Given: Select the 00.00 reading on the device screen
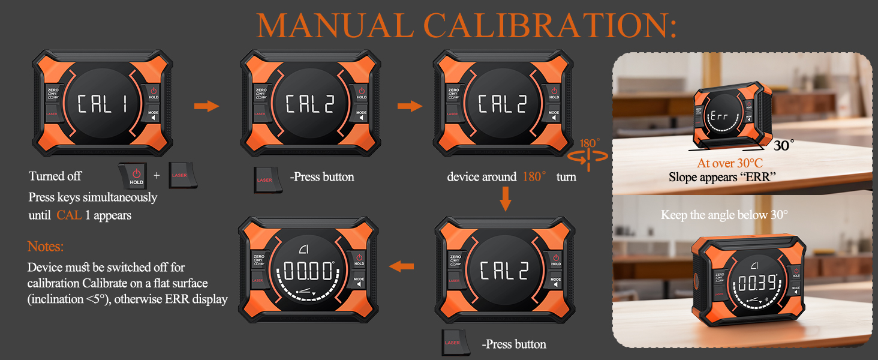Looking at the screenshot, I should point(308,271).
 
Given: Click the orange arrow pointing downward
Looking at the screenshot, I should point(506,199).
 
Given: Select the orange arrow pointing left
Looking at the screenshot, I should point(401,266).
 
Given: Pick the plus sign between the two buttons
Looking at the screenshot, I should point(157,176).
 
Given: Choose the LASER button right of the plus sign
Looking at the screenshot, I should point(180,175).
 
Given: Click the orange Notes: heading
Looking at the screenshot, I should point(46,247).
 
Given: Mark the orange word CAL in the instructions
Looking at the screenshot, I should point(69,215).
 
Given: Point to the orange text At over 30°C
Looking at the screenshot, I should point(729,163).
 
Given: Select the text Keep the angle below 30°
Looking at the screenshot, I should point(724,215).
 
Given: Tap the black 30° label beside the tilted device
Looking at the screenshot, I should point(783,145).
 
